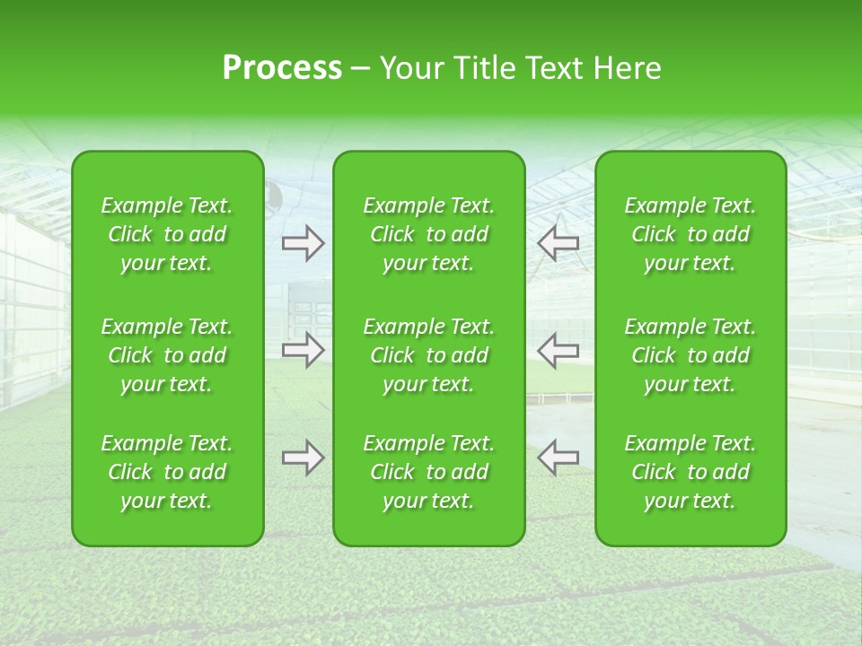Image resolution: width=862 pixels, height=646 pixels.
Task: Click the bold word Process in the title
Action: tap(282, 68)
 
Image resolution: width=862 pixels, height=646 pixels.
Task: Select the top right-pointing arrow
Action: tap(303, 243)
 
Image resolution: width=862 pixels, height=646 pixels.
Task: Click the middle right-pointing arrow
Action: tap(303, 350)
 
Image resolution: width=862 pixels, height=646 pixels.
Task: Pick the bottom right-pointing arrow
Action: tap(303, 458)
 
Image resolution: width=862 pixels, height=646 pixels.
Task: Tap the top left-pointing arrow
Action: tap(558, 243)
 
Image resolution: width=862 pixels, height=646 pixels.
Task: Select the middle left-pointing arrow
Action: tap(558, 350)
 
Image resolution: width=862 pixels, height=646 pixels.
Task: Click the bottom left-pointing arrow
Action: tap(558, 458)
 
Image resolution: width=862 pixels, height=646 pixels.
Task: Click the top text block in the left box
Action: tap(167, 234)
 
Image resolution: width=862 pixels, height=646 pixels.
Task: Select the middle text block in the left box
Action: tap(167, 355)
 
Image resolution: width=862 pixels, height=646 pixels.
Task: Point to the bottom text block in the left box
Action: tap(167, 472)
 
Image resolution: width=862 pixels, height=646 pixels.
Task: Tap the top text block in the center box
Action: tap(428, 234)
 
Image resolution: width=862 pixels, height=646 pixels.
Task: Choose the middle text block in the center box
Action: tap(428, 355)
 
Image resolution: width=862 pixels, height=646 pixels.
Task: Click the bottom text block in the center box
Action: tap(428, 472)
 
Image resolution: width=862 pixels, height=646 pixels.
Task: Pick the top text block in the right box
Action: tap(690, 234)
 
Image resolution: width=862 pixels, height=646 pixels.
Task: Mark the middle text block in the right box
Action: tap(690, 355)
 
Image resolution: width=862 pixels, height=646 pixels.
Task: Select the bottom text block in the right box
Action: tap(690, 472)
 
